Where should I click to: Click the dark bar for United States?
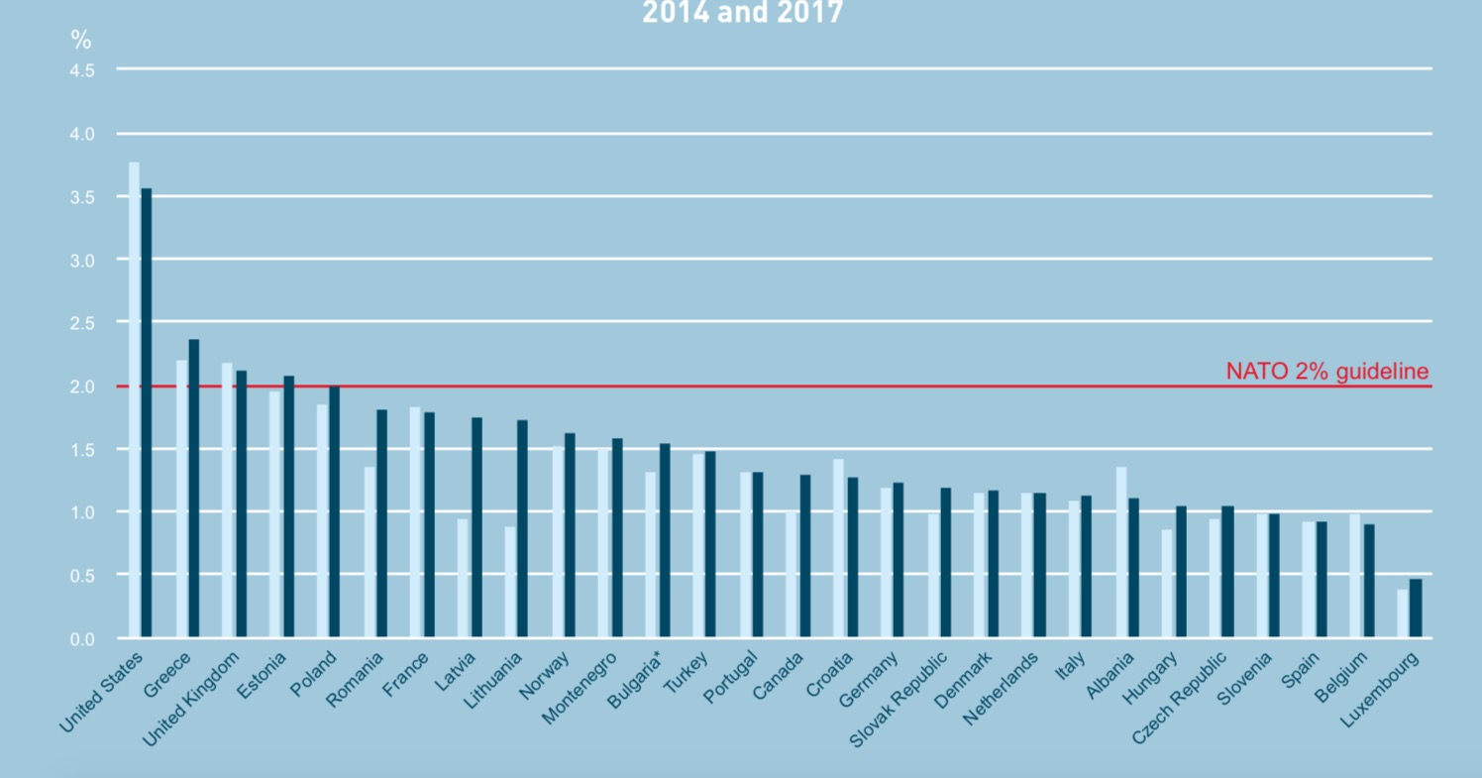[x=147, y=411]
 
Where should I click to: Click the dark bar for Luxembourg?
[x=1416, y=608]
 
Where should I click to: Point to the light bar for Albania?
[x=1121, y=552]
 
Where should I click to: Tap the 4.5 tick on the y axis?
[x=82, y=70]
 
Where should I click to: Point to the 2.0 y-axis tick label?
[x=82, y=387]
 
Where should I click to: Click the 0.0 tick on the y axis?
[x=82, y=639]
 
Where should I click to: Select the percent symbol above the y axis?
[x=80, y=40]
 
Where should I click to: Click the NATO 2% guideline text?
[x=1327, y=372]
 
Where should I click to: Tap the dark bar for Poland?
[x=335, y=511]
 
